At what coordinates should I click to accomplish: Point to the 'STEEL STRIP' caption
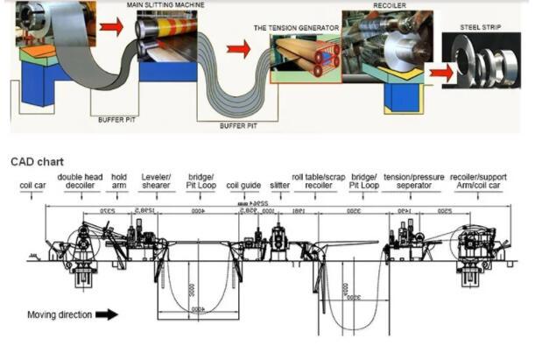480,28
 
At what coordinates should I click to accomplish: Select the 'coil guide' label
243,186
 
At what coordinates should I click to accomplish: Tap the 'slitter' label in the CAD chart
280,186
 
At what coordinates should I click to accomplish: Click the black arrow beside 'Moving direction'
106,314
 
